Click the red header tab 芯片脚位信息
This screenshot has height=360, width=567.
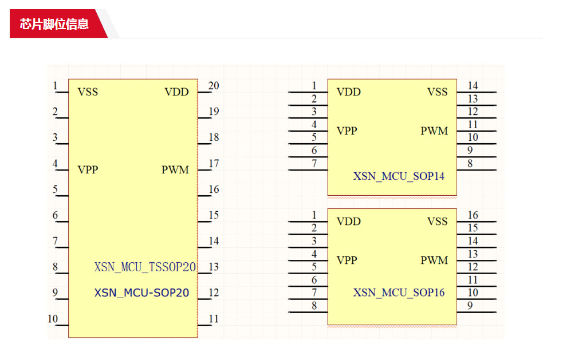(54, 24)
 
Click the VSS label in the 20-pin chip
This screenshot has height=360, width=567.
(88, 92)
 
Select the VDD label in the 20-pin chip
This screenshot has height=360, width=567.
(176, 92)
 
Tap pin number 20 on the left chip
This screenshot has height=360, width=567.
(214, 86)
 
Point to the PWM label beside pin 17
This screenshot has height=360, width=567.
(175, 170)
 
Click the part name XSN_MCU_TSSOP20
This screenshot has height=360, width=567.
(145, 267)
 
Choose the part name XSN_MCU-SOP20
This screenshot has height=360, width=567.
(141, 293)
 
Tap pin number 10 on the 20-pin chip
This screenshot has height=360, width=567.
(53, 319)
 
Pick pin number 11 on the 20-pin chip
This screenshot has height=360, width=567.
(214, 319)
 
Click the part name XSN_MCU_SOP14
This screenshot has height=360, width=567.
(399, 176)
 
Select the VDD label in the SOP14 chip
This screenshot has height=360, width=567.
(349, 92)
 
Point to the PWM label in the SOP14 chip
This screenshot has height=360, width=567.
(434, 131)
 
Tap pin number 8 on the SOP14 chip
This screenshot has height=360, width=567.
(470, 164)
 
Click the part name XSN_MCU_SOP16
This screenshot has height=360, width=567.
(399, 293)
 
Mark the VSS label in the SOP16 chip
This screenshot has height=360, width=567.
(437, 221)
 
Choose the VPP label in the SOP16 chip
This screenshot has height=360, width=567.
(346, 260)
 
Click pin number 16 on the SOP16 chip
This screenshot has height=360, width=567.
(472, 215)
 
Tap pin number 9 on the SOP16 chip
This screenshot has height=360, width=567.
(470, 306)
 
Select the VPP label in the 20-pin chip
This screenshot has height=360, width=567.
(88, 170)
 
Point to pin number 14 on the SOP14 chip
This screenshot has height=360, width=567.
(472, 86)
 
